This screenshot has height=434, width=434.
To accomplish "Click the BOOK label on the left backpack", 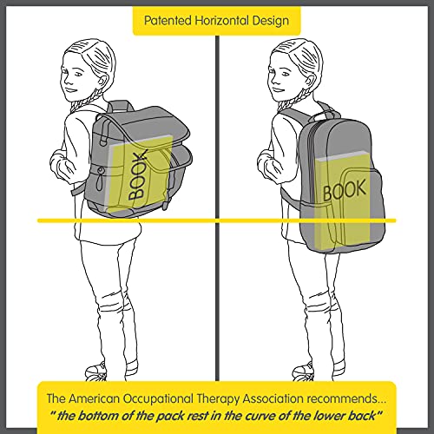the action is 137,175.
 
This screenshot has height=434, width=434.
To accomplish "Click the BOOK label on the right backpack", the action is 345,190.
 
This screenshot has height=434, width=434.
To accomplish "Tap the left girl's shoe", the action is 96,372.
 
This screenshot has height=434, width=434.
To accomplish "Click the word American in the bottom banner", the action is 95,398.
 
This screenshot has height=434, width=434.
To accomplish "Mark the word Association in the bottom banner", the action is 273,398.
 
